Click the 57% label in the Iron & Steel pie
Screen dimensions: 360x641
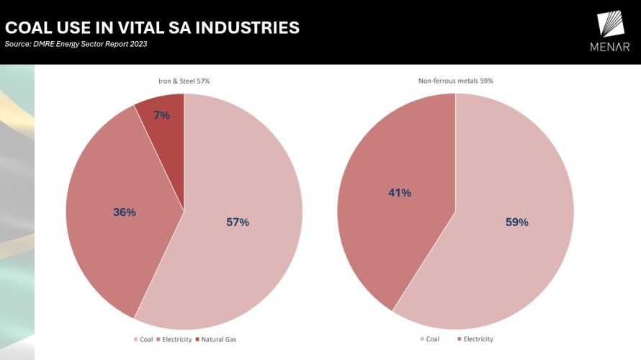coord(238,222)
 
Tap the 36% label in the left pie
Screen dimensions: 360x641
coord(125,212)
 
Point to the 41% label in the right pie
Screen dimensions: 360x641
coord(400,193)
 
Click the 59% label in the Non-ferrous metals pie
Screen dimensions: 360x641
coord(516,222)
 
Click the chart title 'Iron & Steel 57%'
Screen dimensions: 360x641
coord(184,81)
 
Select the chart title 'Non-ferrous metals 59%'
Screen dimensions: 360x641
coord(455,81)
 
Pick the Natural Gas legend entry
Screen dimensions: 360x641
coord(218,338)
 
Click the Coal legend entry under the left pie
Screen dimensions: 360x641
coord(143,338)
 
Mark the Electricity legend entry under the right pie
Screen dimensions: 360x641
coord(478,338)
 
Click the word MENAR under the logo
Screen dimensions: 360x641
coord(610,48)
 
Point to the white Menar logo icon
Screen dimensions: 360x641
coord(612,24)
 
